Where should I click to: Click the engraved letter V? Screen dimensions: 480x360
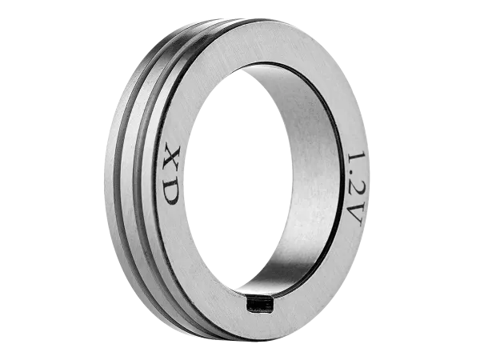pos(356,214)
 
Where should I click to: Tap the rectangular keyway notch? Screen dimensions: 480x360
pos(259,304)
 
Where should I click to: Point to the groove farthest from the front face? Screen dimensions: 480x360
pos(117,184)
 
